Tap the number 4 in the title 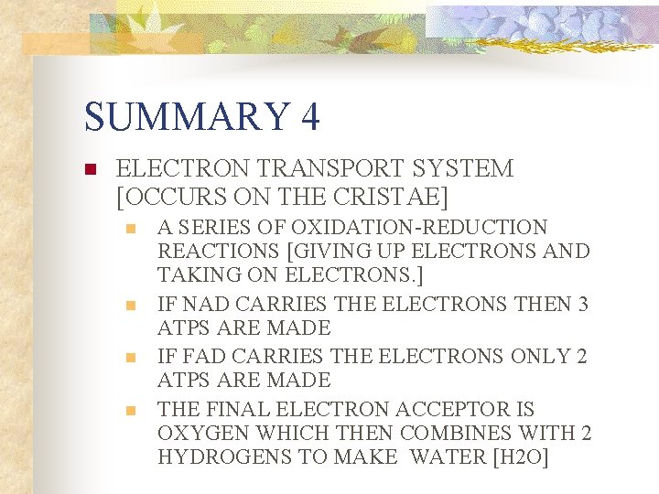[x=308, y=116]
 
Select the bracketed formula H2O [x=519, y=456]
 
